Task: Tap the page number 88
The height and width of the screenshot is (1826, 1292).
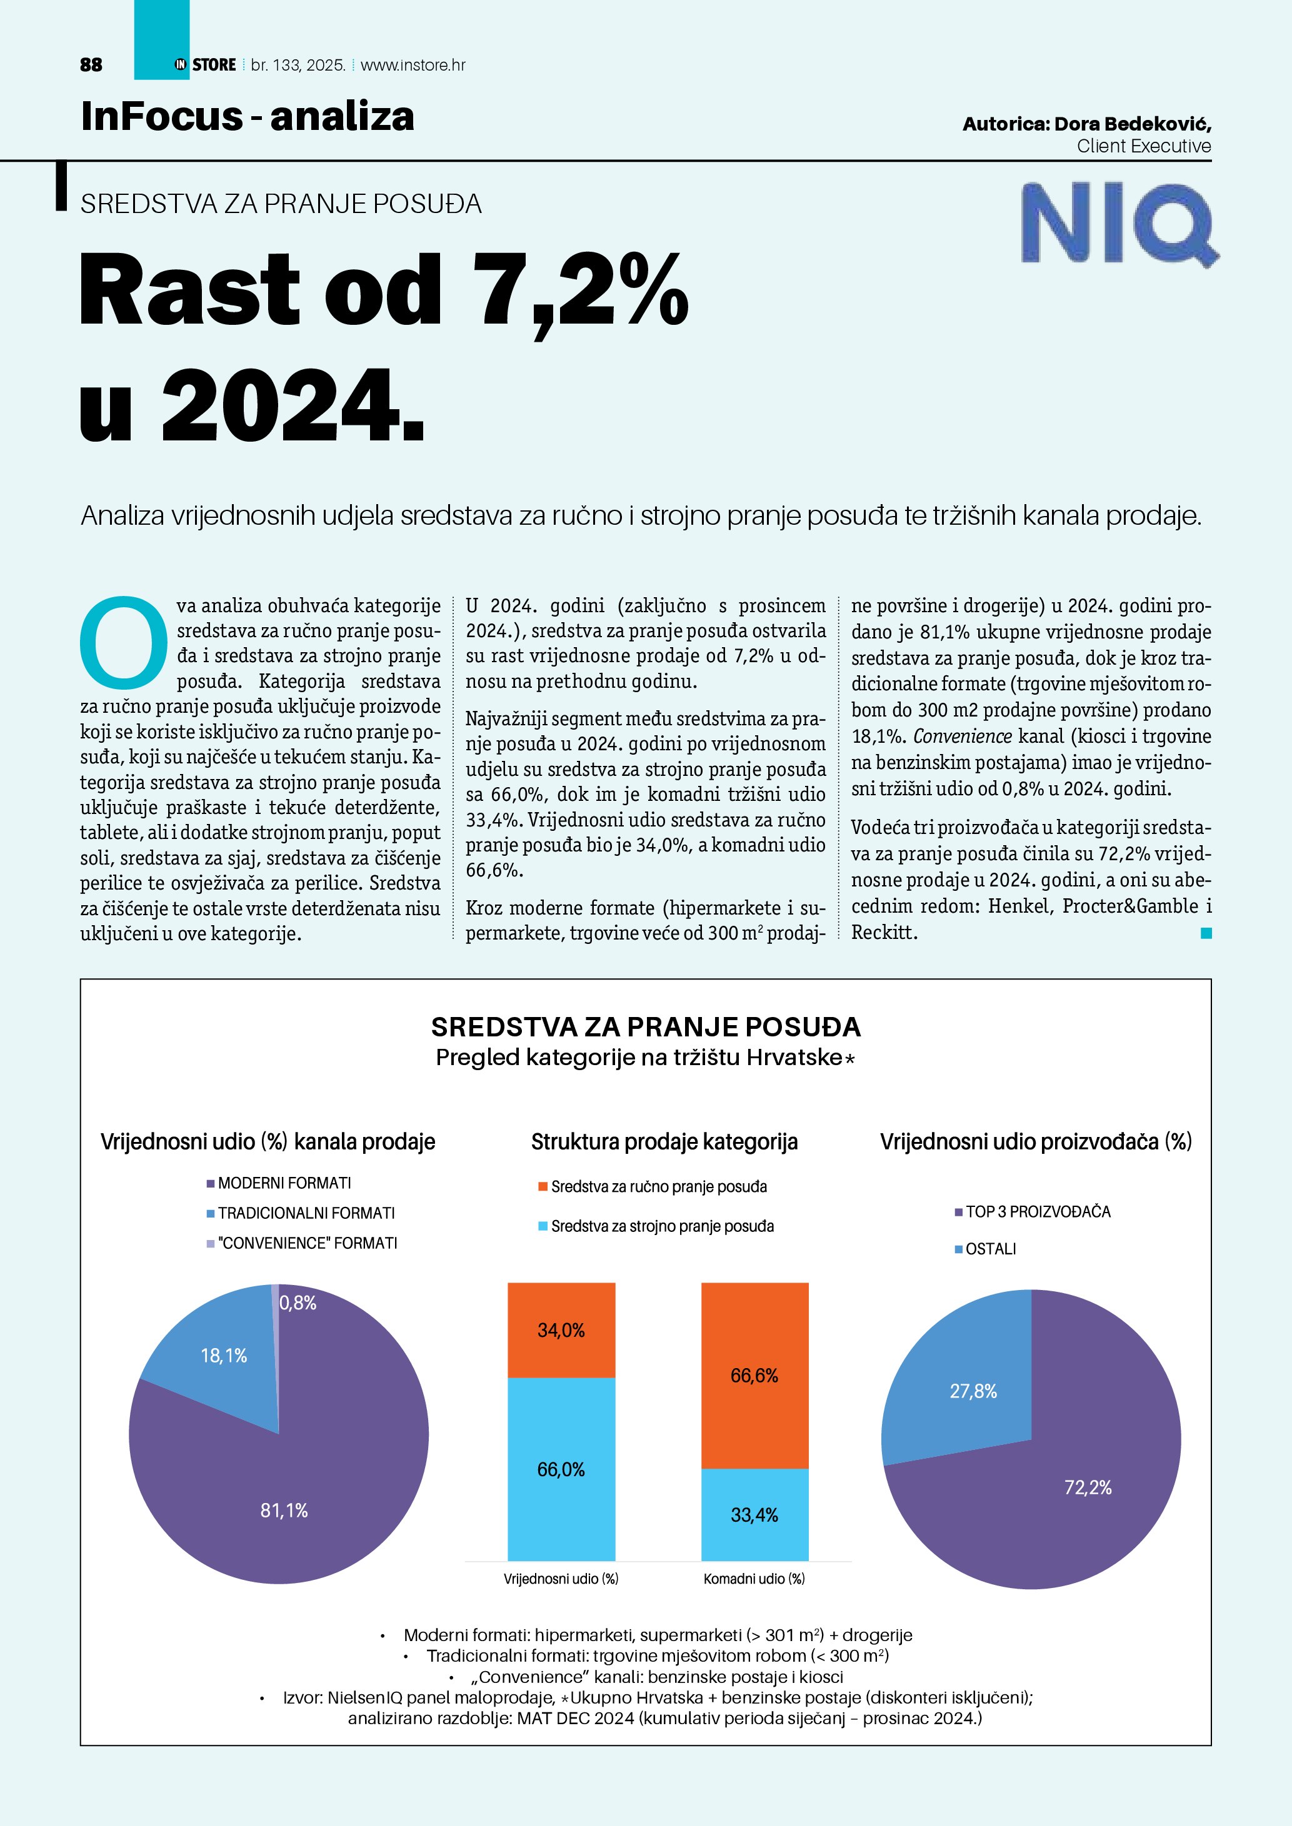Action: click(91, 65)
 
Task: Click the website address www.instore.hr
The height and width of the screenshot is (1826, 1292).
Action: click(413, 65)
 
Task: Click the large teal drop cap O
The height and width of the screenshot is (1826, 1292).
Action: click(124, 643)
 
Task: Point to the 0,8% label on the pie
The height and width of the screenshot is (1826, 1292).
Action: click(298, 1303)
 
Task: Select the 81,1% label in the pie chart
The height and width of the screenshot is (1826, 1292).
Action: click(284, 1511)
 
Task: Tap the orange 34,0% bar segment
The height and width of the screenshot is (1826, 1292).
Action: click(561, 1330)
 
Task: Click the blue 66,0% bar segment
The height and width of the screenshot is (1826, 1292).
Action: click(561, 1469)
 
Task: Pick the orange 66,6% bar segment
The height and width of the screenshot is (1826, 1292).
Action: click(754, 1375)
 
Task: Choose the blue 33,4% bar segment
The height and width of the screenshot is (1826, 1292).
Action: click(754, 1514)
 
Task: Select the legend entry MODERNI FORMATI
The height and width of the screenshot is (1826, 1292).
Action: click(284, 1183)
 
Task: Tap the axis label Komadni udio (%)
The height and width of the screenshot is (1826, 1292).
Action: click(753, 1579)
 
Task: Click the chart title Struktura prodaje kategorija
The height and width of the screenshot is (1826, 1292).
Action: click(664, 1142)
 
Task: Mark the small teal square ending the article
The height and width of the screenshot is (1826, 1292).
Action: click(1206, 933)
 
